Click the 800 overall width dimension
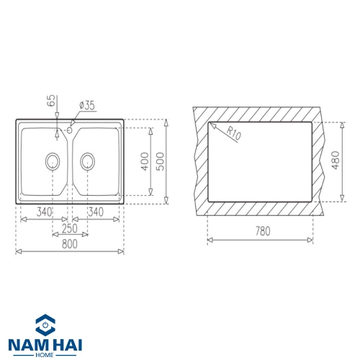click(70, 244)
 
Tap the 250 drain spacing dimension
click(70, 228)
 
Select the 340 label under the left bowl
click(44, 212)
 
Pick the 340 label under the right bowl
click(96, 212)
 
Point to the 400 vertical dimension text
click(145, 161)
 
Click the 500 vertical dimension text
click(160, 161)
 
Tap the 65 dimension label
click(51, 101)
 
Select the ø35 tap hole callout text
click(87, 105)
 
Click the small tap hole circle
click(70, 130)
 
